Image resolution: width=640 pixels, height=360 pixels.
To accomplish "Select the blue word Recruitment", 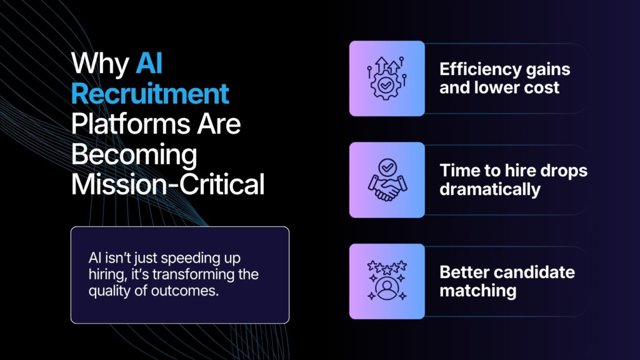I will pyautogui.click(x=149, y=94).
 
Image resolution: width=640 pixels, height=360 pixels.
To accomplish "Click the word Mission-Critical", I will pyautogui.click(x=167, y=184).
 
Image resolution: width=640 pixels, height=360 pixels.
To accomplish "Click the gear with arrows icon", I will pyautogui.click(x=386, y=79).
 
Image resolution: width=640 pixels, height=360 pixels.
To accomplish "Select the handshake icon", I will pyautogui.click(x=386, y=180).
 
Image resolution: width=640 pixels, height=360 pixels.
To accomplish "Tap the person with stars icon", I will pyautogui.click(x=386, y=281).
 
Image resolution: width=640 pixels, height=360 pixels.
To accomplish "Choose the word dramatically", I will pyautogui.click(x=489, y=189).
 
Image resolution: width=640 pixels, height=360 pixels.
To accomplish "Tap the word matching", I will pyautogui.click(x=477, y=290).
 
